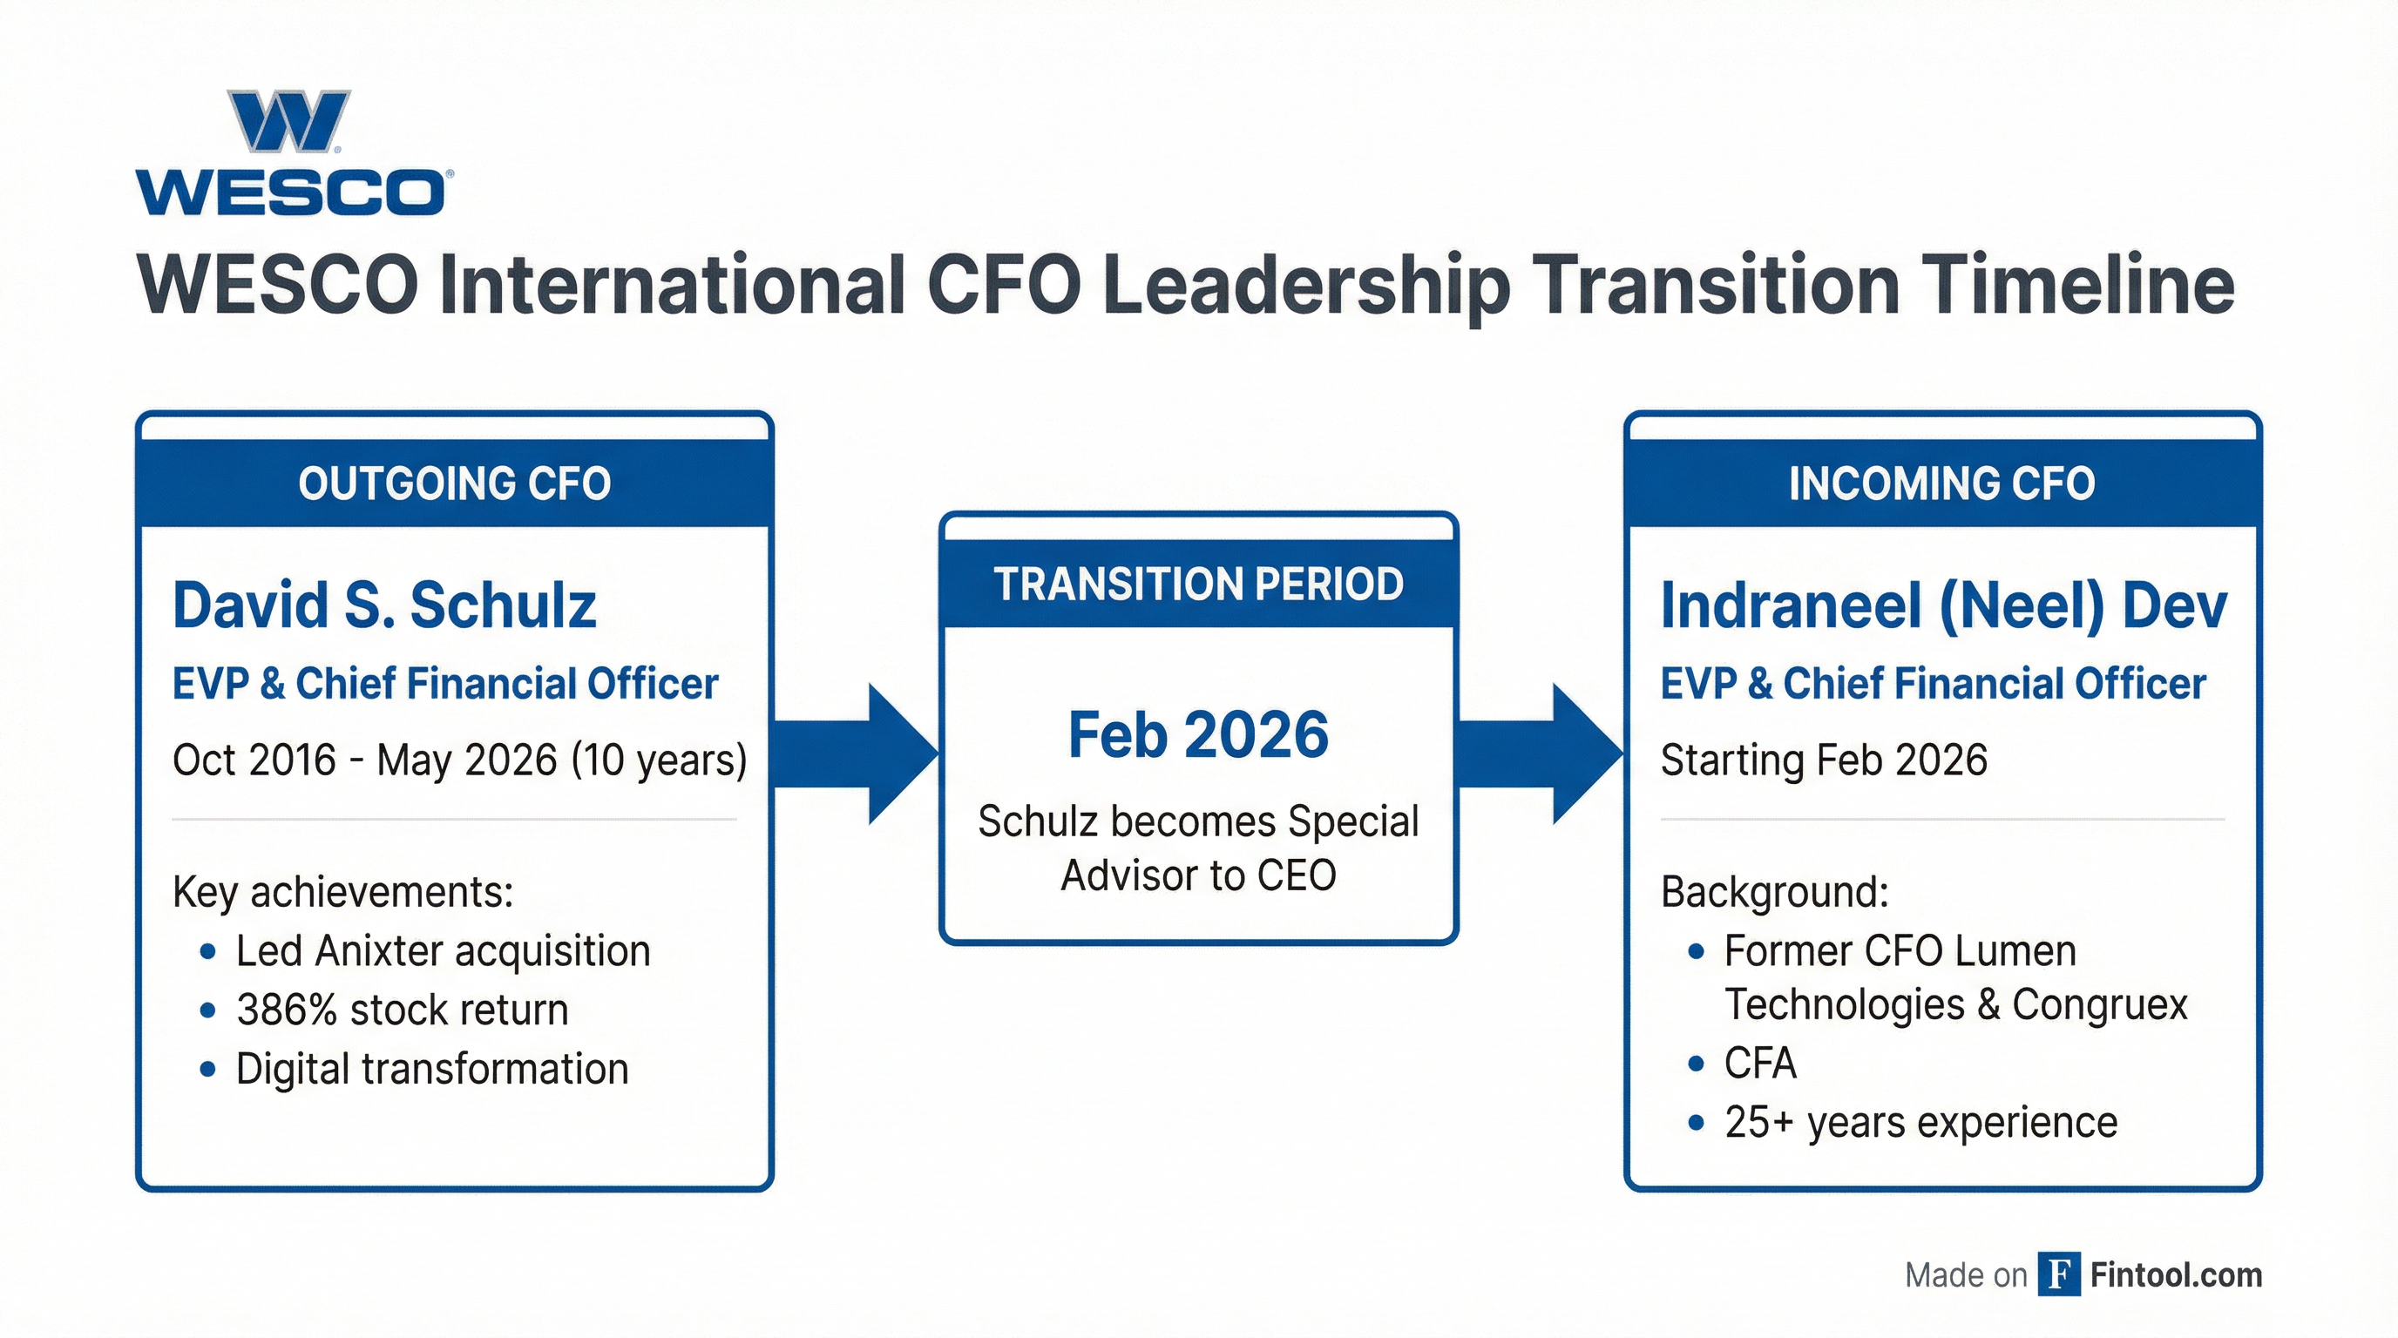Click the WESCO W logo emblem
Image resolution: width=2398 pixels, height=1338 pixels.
click(x=288, y=121)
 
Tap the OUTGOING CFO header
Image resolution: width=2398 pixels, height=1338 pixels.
click(x=454, y=483)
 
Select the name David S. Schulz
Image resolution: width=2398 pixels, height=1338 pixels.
click(x=383, y=605)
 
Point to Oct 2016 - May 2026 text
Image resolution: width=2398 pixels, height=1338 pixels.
click(x=460, y=760)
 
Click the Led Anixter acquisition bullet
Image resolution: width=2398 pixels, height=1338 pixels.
click(x=442, y=951)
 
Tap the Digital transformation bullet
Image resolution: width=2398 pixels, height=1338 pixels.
click(x=432, y=1069)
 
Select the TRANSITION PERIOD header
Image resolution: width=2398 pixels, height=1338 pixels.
click(x=1198, y=585)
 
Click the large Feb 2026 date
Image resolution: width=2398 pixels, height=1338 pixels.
click(x=1198, y=735)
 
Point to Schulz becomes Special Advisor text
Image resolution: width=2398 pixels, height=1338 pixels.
click(x=1198, y=848)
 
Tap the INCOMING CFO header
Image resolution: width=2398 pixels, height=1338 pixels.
click(x=1942, y=483)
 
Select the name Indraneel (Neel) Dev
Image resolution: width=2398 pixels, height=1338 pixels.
click(x=1943, y=605)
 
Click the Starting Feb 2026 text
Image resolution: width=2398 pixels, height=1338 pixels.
click(x=1824, y=760)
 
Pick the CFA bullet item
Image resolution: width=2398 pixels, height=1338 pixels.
click(x=1759, y=1063)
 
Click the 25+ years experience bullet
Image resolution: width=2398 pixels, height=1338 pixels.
click(x=1920, y=1122)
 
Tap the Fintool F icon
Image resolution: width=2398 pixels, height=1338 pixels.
click(x=2058, y=1274)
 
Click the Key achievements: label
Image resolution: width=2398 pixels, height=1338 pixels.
click(x=342, y=892)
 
